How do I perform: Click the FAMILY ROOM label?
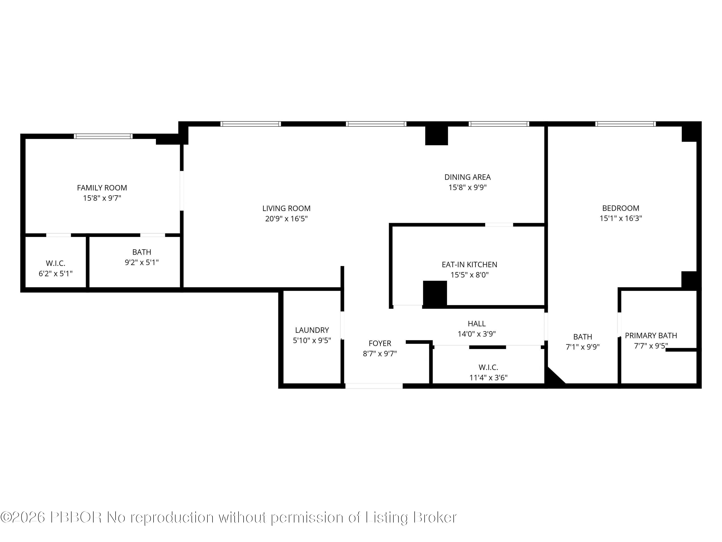point(102,188)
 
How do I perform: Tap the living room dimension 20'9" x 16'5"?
point(286,218)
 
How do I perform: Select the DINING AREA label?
point(467,177)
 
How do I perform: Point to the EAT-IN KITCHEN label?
point(469,265)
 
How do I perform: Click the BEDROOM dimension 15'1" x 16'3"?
point(620,218)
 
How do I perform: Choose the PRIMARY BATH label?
point(651,336)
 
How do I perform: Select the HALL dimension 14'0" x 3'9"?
point(477,334)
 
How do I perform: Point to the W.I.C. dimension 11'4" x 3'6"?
point(488,378)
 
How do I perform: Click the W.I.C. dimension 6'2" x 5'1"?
point(56,273)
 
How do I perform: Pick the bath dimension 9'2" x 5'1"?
point(142,262)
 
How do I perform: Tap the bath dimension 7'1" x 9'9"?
point(583,347)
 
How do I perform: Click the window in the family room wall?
point(103,136)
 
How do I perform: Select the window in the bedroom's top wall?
point(625,124)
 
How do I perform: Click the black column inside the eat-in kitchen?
point(435,293)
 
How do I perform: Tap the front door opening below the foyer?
point(374,386)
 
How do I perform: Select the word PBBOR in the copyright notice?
point(76,517)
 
